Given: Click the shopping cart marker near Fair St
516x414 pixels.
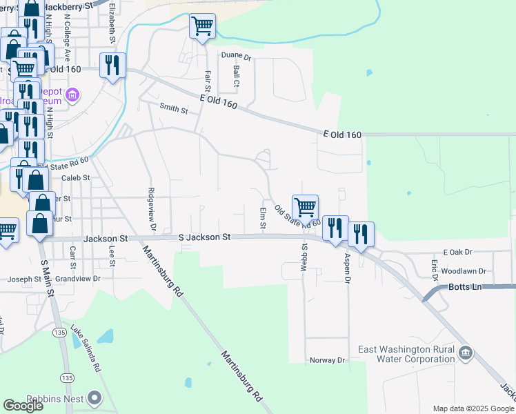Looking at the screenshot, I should (202, 27).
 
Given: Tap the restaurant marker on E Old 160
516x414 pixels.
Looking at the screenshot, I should (112, 66).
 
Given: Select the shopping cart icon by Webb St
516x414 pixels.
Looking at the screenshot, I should (305, 207).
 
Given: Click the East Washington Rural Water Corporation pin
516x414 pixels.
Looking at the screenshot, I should (466, 354).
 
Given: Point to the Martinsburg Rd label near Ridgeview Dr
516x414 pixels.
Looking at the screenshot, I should (163, 270).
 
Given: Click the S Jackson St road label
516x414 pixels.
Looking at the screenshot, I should (204, 237).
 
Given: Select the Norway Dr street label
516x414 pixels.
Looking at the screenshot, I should (327, 360).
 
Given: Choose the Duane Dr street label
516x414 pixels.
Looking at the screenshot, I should (237, 56).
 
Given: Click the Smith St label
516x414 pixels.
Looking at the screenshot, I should (173, 108).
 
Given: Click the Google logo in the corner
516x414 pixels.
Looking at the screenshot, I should (23, 406).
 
